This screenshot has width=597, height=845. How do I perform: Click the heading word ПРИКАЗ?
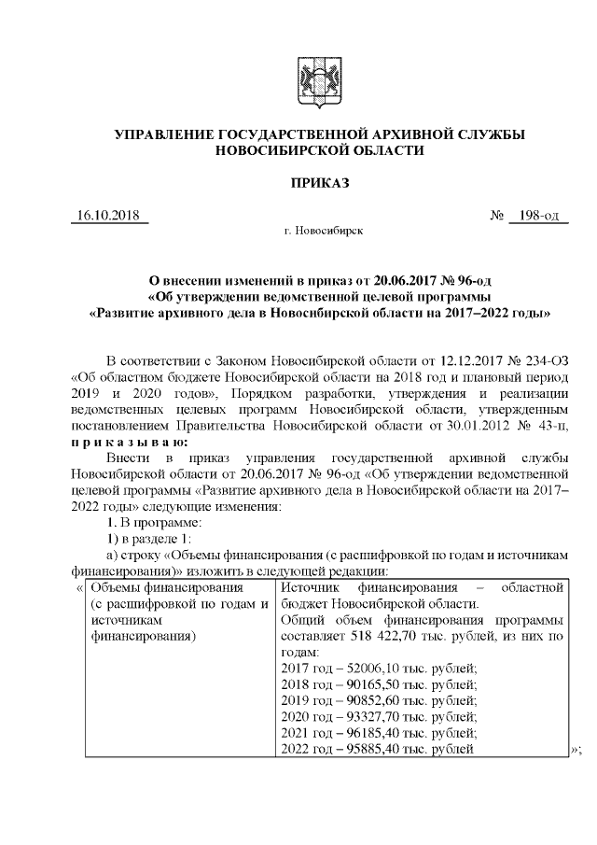pos(318,183)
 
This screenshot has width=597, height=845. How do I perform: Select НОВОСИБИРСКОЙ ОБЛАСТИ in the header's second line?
pos(318,150)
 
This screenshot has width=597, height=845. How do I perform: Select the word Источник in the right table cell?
pos(310,587)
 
